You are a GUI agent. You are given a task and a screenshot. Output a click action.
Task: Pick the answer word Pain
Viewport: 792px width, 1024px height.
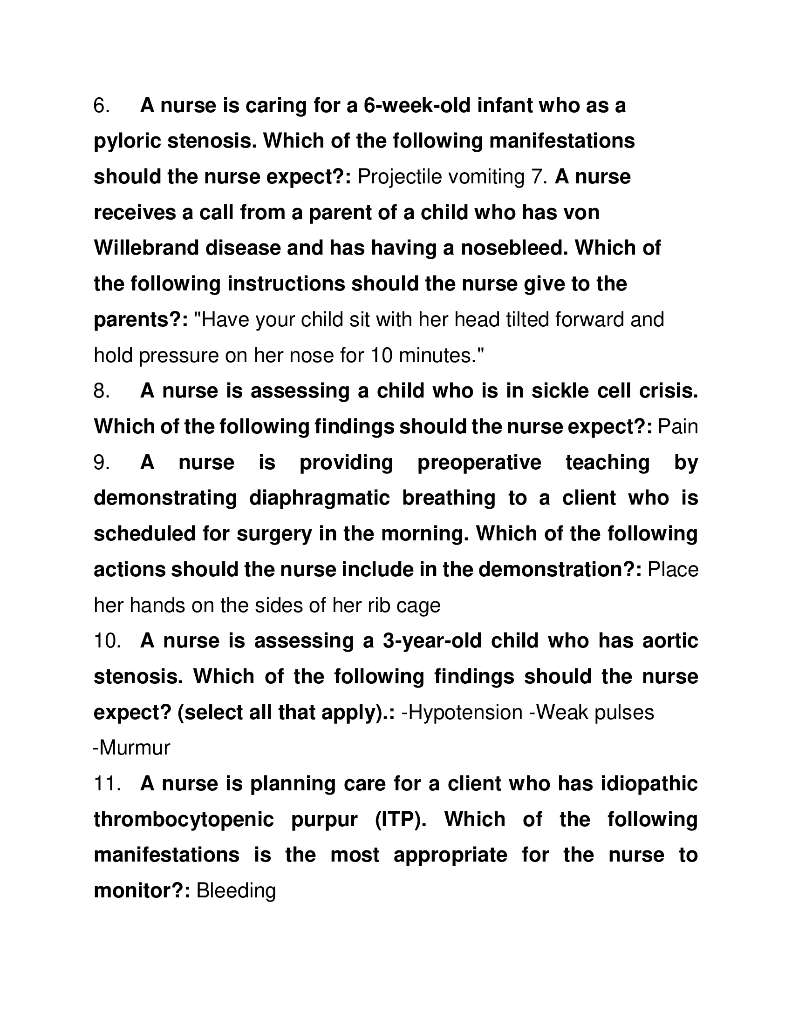click(678, 427)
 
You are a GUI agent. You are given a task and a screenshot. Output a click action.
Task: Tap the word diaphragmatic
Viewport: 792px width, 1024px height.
click(319, 498)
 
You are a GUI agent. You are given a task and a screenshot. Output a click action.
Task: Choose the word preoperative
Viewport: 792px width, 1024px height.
click(478, 462)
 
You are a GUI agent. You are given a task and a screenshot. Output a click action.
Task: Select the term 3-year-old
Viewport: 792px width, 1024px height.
click(432, 641)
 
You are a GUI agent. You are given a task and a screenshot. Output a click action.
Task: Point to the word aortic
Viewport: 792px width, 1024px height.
click(670, 641)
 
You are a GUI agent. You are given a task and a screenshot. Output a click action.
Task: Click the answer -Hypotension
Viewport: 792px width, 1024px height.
click(462, 712)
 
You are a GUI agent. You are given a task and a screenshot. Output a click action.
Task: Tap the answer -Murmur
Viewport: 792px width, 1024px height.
click(132, 748)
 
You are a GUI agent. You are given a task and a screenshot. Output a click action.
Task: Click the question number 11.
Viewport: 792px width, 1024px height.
click(108, 783)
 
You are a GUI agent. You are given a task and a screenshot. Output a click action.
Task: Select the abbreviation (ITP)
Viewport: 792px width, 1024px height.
click(401, 819)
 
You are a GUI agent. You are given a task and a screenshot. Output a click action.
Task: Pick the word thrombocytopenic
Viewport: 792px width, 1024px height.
click(184, 819)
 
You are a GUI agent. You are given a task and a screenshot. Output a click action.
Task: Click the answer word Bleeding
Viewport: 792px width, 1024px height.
click(236, 890)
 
